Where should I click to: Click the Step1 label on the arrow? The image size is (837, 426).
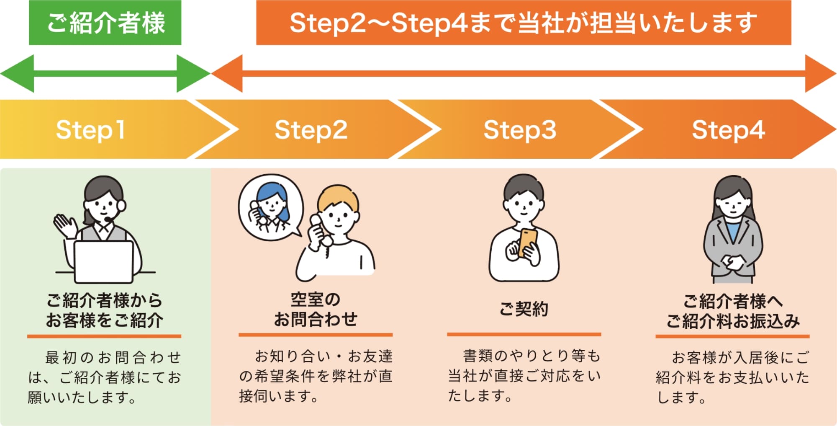(90, 130)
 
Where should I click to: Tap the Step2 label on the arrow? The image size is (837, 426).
(311, 130)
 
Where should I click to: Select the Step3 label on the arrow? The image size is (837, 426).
(520, 130)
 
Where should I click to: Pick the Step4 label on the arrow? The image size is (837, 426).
(729, 130)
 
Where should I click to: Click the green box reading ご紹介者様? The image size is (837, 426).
(105, 23)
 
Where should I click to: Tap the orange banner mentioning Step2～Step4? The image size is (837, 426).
(524, 23)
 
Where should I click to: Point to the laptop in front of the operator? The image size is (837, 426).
(104, 262)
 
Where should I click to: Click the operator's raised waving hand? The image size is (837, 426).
(65, 226)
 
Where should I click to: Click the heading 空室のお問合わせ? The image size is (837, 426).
(316, 310)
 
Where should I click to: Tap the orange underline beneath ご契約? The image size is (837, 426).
(524, 334)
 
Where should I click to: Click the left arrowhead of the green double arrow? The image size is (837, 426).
(17, 73)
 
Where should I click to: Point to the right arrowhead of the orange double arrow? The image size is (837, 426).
(821, 73)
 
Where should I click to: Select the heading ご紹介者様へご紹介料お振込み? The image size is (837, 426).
(733, 311)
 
